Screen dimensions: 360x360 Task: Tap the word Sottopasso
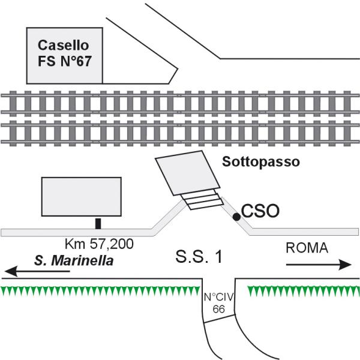tap(260, 161)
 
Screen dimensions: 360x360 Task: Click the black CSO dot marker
tap(237, 216)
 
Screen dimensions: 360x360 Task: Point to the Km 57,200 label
tap(98, 244)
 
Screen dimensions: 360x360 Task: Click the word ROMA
tap(307, 248)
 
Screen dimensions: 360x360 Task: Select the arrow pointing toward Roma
tap(318, 264)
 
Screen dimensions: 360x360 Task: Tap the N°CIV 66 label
tap(218, 302)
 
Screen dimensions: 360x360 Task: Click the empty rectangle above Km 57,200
tap(81, 199)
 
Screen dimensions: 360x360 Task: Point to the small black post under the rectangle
tap(98, 224)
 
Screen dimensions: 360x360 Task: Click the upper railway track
tap(180, 103)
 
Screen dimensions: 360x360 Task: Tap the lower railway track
tap(180, 133)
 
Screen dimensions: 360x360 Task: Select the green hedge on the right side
tap(303, 292)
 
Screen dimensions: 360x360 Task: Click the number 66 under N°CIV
tap(218, 308)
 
